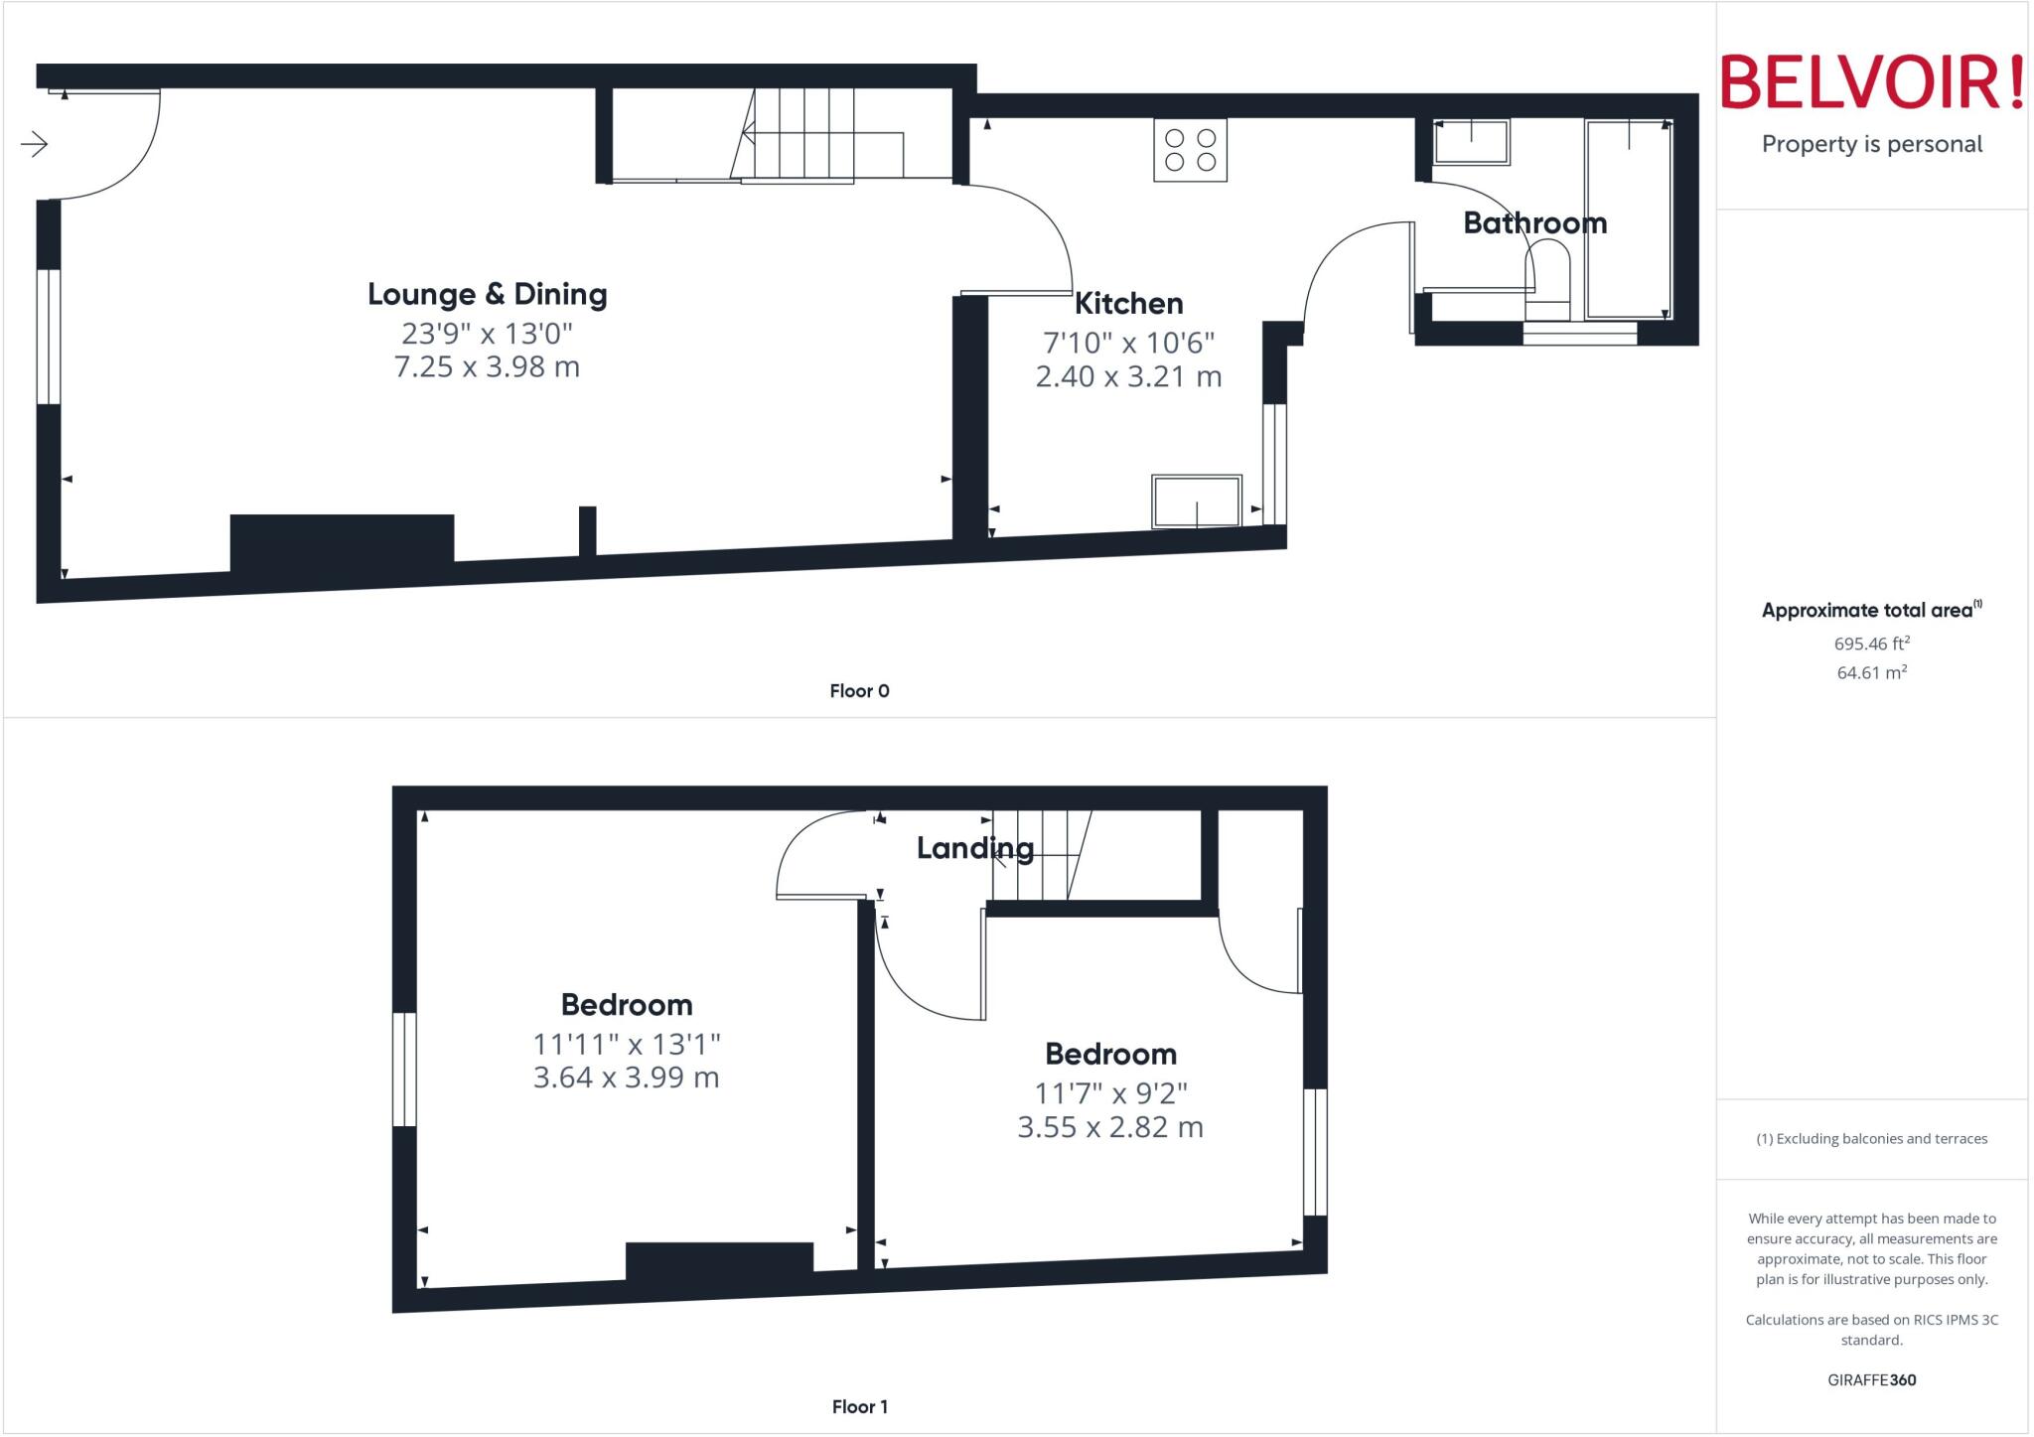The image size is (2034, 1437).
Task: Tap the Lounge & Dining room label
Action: [487, 294]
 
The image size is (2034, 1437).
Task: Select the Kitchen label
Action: [1128, 303]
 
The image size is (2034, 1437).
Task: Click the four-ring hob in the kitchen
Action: [1190, 150]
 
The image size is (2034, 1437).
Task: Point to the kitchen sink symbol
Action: [1196, 502]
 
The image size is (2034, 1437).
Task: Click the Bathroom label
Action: [1534, 222]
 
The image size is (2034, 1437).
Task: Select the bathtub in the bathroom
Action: [1628, 218]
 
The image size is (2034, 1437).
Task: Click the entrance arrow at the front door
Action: [35, 144]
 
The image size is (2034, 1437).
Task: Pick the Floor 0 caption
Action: [859, 691]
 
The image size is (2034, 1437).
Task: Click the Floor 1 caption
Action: [859, 1406]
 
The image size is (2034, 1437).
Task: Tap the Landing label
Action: [974, 848]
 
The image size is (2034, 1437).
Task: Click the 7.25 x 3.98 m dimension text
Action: [487, 366]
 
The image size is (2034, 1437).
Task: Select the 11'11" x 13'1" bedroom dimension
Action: [626, 1044]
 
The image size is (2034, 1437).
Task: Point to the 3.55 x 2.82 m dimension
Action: [1109, 1127]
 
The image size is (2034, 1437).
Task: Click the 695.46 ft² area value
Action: [1871, 644]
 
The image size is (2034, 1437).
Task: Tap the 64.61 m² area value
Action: [1871, 672]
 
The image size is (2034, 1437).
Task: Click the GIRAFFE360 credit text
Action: [1871, 1379]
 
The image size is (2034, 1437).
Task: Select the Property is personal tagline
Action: [1871, 144]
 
